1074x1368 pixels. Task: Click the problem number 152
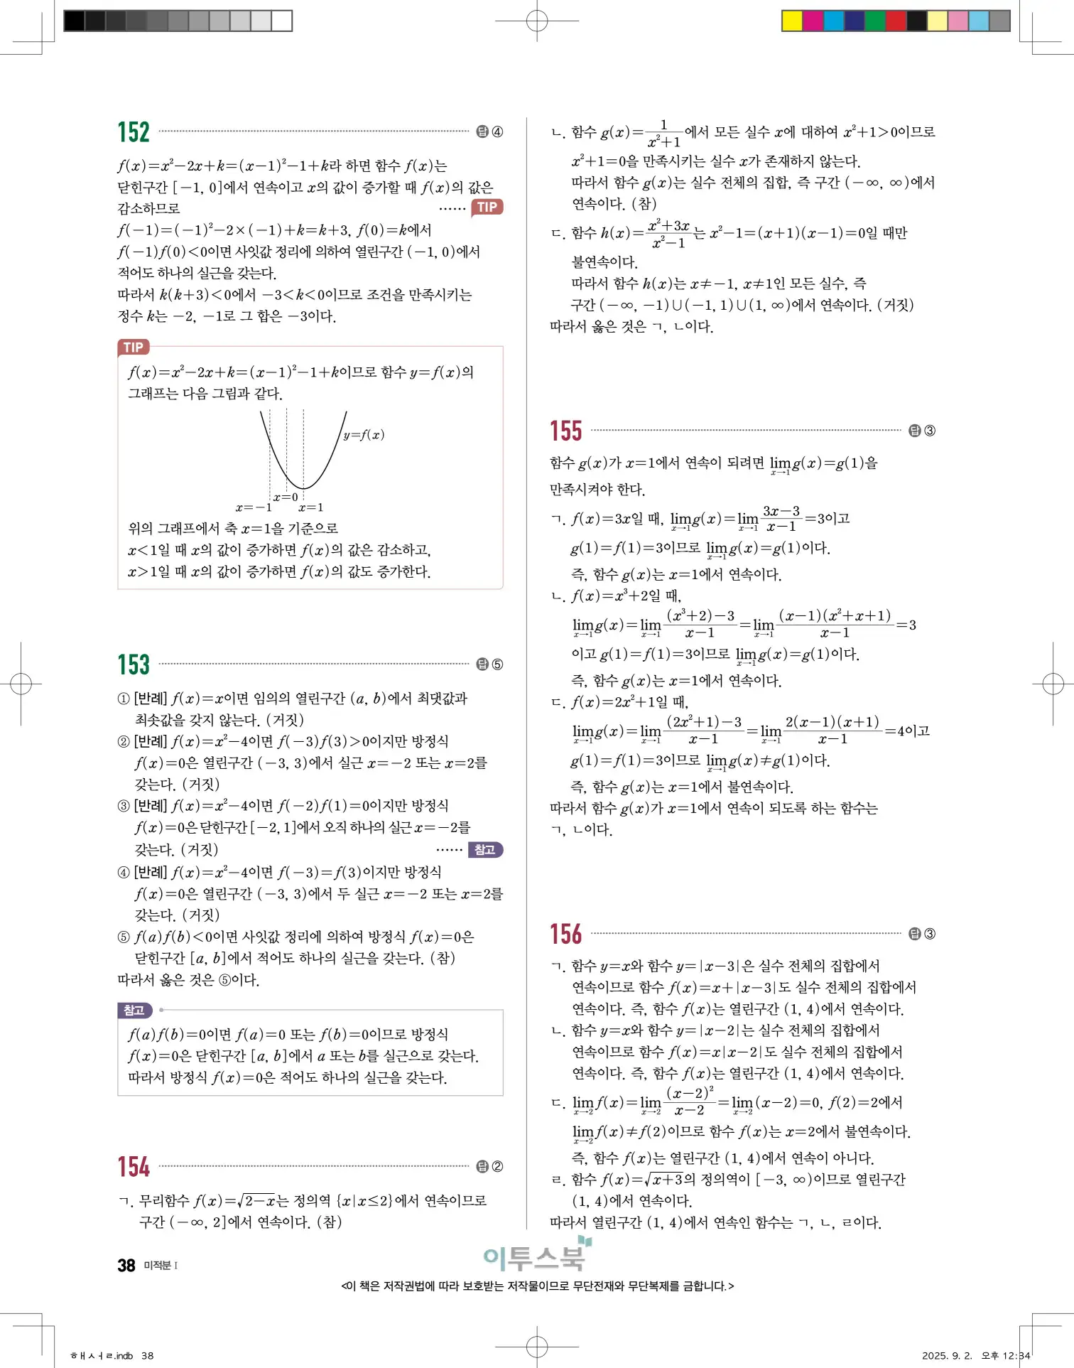(x=134, y=133)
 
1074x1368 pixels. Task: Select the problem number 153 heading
(x=134, y=665)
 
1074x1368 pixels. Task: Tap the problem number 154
(x=134, y=1167)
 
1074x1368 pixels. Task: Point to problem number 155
(x=565, y=431)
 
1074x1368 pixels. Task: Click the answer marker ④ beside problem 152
(x=497, y=132)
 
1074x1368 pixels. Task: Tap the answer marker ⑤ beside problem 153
(x=497, y=664)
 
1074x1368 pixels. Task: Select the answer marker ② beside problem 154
(x=497, y=1166)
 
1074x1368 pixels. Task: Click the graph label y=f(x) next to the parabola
(x=364, y=435)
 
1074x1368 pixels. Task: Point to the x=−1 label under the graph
(x=254, y=507)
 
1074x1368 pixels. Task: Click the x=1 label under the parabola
(x=311, y=507)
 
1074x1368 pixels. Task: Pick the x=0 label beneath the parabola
(x=286, y=497)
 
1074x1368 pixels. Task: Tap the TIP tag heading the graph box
(x=134, y=348)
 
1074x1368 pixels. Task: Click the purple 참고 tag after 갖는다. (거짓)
(x=485, y=850)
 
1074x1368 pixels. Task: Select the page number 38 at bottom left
(x=126, y=1266)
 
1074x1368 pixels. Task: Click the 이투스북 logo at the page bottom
(x=536, y=1256)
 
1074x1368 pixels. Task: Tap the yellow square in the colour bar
(x=791, y=21)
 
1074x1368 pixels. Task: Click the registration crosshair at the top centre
(x=537, y=21)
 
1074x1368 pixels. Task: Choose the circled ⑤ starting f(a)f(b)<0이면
(x=124, y=937)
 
